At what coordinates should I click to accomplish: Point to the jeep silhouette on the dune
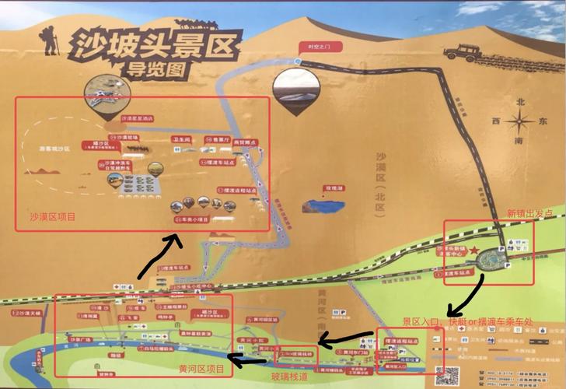(466, 52)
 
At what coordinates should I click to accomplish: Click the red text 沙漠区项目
(53, 217)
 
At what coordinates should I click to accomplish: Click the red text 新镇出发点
(533, 212)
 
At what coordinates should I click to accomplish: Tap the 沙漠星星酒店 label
(138, 118)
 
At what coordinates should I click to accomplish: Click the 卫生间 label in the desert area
(180, 138)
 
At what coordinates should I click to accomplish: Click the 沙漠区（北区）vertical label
(382, 176)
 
